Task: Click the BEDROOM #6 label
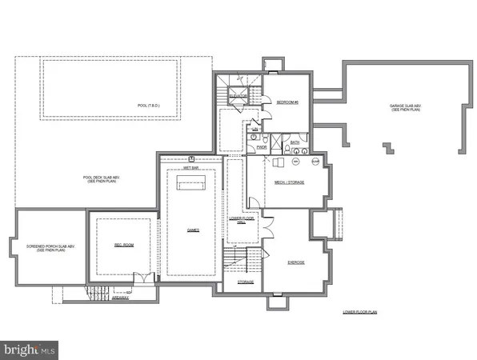(x=287, y=102)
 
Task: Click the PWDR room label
(x=262, y=147)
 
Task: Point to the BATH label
(x=294, y=142)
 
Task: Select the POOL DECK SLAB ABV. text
(x=102, y=180)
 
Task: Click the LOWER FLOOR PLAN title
(x=359, y=312)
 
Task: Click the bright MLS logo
(x=30, y=349)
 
